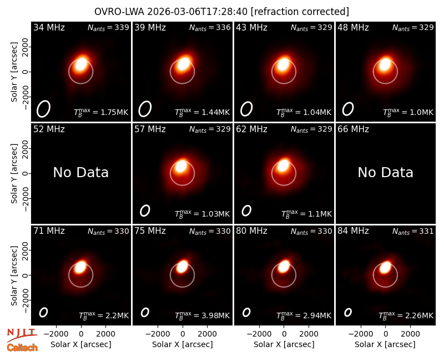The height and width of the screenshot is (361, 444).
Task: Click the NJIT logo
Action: point(22,335)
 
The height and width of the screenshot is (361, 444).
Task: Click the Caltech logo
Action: point(22,348)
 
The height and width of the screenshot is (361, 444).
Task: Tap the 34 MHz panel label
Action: point(49,27)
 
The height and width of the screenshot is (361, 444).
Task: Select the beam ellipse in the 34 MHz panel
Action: point(43,109)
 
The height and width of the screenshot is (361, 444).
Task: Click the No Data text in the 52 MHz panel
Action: point(80,172)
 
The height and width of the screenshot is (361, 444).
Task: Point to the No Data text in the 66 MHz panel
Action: point(385,172)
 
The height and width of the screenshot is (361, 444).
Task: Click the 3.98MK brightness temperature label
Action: point(202,315)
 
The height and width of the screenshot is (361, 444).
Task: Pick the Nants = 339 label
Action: point(108,27)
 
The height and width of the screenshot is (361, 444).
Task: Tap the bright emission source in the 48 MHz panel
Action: point(385,64)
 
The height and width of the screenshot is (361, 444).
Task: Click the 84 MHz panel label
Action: point(353,231)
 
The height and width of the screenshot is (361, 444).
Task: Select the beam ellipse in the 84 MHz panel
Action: point(348,312)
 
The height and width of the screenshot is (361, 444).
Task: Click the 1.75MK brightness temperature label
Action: point(101,112)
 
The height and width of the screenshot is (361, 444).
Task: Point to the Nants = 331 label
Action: point(413,231)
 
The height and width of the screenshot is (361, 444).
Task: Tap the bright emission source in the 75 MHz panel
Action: point(182,267)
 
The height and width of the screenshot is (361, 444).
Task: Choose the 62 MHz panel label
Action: point(252,129)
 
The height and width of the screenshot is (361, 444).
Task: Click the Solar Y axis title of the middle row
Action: point(14,173)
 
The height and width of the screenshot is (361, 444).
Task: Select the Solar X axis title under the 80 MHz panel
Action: point(284,344)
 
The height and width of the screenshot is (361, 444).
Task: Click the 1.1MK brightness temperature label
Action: point(306,214)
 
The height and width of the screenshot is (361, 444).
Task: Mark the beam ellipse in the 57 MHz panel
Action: point(145,210)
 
